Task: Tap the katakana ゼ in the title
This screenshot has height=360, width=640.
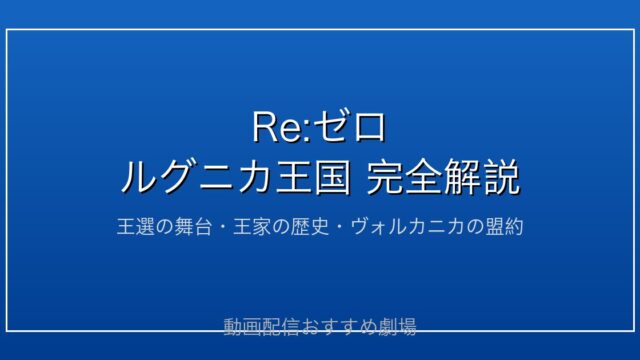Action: [330, 127]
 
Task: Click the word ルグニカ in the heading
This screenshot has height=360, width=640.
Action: [196, 177]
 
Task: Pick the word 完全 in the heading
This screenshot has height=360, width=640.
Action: [404, 177]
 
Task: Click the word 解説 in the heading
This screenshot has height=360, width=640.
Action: [482, 177]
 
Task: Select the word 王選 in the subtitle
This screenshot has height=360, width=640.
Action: [135, 227]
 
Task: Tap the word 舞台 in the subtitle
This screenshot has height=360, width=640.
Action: [193, 227]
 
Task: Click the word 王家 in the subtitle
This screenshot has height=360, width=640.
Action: [251, 227]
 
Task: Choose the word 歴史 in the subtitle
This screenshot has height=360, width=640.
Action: [309, 227]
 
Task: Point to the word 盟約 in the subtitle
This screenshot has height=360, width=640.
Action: [504, 227]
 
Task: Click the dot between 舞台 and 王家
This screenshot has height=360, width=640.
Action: [222, 227]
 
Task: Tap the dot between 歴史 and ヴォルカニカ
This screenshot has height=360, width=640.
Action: [339, 227]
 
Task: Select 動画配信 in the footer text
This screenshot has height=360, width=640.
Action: [261, 327]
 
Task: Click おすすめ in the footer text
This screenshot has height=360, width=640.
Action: [338, 327]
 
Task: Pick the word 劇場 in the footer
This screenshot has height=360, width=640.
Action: [397, 327]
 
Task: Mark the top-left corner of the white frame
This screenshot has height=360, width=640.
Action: [7, 30]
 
